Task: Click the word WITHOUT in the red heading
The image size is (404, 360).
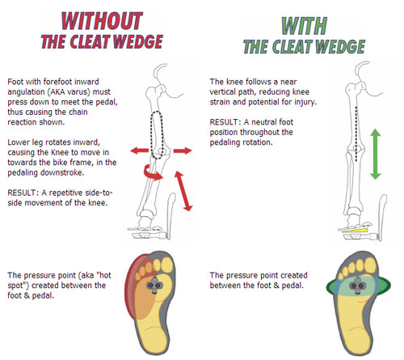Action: click(102, 21)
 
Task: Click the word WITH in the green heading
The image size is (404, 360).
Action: click(305, 26)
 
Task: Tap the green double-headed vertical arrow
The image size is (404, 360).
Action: click(375, 154)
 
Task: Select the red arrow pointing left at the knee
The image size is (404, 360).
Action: click(139, 150)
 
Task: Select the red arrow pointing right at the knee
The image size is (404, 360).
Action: click(183, 150)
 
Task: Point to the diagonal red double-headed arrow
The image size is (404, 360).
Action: click(183, 191)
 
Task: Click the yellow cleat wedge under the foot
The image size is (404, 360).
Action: click(355, 231)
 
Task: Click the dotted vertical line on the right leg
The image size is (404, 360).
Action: click(356, 133)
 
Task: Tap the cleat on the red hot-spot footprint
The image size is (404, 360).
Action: click(154, 285)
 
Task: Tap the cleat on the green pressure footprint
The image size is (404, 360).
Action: click(357, 286)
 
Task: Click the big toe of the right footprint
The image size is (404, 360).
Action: click(370, 265)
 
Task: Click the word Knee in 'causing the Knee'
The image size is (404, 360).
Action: click(60, 152)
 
